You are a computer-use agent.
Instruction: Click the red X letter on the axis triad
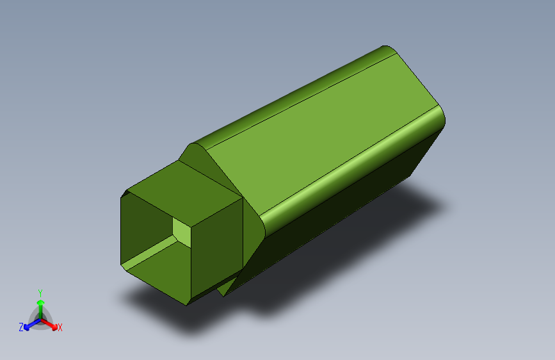(60, 328)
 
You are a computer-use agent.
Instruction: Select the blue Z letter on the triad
(21, 327)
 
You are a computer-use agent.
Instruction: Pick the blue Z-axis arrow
(29, 324)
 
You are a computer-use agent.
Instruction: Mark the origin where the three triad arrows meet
(40, 318)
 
